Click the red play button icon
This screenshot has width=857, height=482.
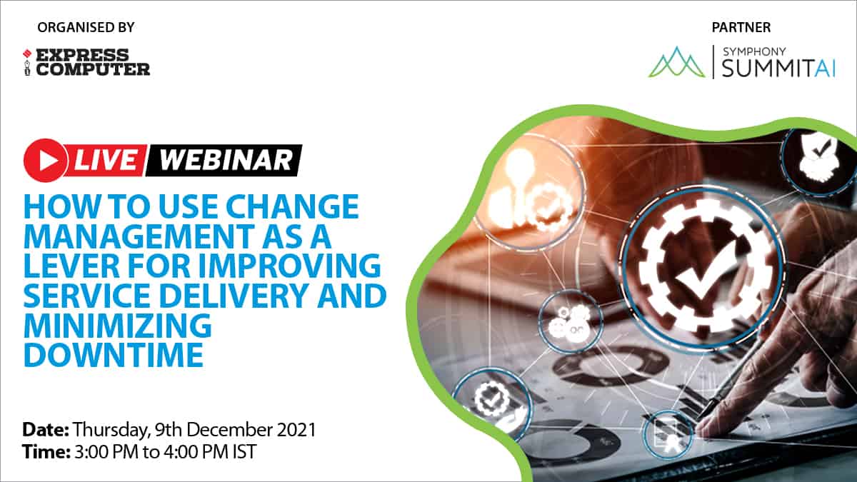pyautogui.click(x=45, y=160)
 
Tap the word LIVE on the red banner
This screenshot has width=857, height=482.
pyautogui.click(x=106, y=160)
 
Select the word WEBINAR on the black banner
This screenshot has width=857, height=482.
pyautogui.click(x=226, y=160)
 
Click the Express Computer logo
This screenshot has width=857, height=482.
pyautogui.click(x=86, y=62)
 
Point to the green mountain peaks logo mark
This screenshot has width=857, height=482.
pyautogui.click(x=677, y=62)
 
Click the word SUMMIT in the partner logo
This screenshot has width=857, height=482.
pyautogui.click(x=768, y=69)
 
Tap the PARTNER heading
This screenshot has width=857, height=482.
pyautogui.click(x=741, y=28)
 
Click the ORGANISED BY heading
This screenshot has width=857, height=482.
pyautogui.click(x=86, y=28)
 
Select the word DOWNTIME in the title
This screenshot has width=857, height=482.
pyautogui.click(x=114, y=355)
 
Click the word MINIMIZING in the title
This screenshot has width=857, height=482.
pyautogui.click(x=118, y=325)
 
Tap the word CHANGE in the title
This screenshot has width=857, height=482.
pyautogui.click(x=292, y=206)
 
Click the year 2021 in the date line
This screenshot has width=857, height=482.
pyautogui.click(x=296, y=430)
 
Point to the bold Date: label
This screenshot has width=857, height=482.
pyautogui.click(x=46, y=430)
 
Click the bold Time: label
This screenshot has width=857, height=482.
pyautogui.click(x=46, y=452)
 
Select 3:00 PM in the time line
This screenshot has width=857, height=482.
pyautogui.click(x=106, y=452)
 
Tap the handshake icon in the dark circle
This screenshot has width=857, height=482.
pyautogui.click(x=818, y=161)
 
